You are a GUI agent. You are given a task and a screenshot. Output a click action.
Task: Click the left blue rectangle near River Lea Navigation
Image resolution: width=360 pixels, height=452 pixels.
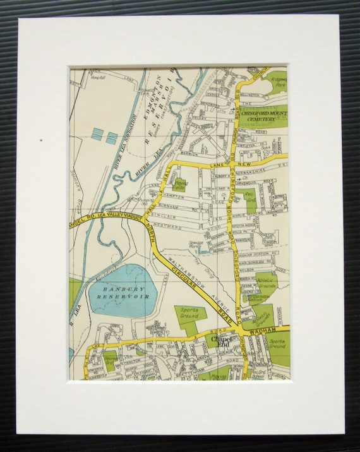[x=97, y=134]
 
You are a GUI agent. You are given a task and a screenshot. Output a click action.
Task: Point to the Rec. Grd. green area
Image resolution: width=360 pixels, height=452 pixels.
[x=248, y=197]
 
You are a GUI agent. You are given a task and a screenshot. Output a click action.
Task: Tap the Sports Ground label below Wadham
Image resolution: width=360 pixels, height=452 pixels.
[x=277, y=345]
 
